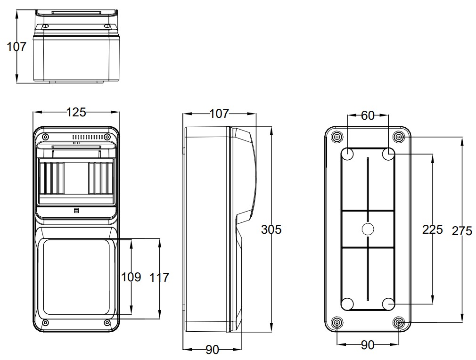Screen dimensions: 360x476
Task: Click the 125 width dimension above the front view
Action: [76, 112]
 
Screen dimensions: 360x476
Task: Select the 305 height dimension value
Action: [271, 229]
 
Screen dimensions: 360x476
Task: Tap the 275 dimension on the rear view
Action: [461, 231]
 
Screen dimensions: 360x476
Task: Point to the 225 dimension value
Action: [432, 229]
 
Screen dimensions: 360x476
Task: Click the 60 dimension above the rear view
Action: [367, 115]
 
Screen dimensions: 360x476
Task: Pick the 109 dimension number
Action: [131, 277]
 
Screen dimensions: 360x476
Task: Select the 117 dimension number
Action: [159, 277]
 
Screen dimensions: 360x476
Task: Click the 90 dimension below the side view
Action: [212, 350]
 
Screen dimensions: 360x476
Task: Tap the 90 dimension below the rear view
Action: [367, 345]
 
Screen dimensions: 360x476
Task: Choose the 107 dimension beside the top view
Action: [16, 47]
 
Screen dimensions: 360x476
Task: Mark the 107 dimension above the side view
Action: [219, 114]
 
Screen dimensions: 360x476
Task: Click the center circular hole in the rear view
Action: [367, 229]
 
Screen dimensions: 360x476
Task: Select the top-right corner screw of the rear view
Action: [399, 137]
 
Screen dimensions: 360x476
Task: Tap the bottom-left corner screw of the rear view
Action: [336, 323]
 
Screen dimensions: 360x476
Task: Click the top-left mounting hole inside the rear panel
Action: [347, 154]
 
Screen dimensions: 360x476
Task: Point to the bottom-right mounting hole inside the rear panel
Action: [388, 304]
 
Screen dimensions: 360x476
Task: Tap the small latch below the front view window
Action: [76, 211]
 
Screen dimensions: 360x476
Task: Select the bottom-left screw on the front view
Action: [45, 323]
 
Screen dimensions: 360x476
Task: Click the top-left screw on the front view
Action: [45, 137]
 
